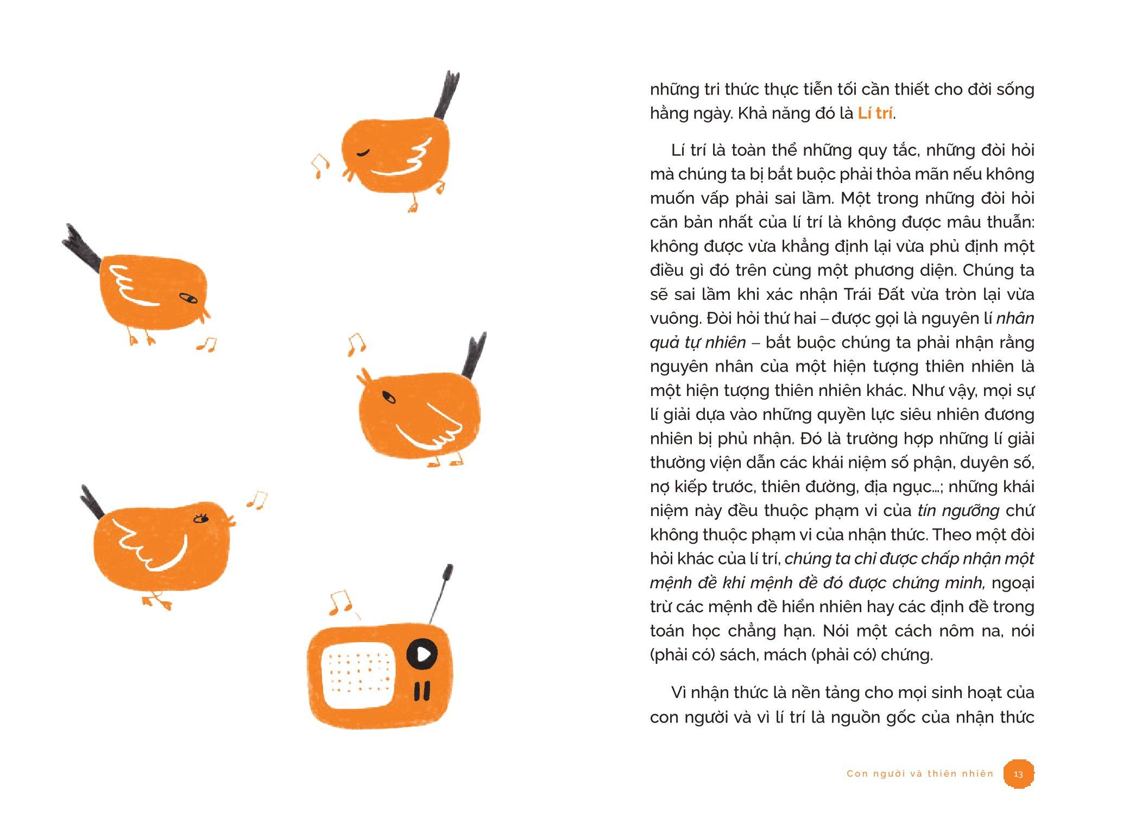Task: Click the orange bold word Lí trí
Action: pos(875,114)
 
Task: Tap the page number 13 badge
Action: pos(1018,773)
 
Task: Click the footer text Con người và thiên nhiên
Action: pos(920,774)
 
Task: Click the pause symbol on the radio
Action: pos(422,690)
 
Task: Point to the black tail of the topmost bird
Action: pos(446,95)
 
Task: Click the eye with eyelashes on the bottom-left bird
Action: pos(201,519)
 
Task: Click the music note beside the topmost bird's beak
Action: pos(320,166)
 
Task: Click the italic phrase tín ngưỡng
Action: pos(958,511)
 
